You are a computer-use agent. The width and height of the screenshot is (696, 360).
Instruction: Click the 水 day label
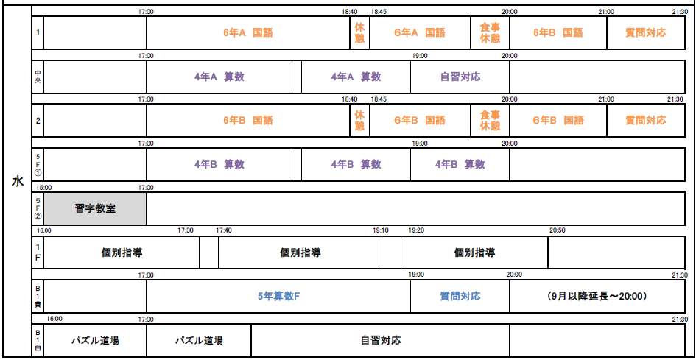(17, 181)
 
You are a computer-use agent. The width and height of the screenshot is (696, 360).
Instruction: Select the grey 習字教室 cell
(95, 209)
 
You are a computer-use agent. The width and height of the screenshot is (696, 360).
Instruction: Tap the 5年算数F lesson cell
(278, 296)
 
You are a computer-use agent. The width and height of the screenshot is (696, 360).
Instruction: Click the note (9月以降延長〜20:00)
(597, 296)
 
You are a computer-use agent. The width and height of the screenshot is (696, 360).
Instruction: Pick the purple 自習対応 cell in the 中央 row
(460, 77)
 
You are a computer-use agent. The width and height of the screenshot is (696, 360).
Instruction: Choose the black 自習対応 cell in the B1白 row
(380, 340)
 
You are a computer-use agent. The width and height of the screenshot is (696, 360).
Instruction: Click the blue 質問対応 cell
(460, 296)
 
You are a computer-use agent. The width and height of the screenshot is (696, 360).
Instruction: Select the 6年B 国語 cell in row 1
(558, 32)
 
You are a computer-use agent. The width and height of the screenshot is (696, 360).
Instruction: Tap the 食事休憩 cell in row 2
(490, 120)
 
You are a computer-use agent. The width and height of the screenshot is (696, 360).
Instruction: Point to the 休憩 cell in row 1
(359, 32)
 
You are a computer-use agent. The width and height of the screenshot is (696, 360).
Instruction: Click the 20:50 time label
(558, 230)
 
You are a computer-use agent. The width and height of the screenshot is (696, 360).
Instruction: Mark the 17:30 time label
(186, 230)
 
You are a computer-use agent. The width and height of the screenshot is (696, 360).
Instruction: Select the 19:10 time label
(381, 230)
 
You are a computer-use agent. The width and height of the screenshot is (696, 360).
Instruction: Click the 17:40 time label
(224, 230)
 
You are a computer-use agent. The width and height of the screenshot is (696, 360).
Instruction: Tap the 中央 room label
(38, 77)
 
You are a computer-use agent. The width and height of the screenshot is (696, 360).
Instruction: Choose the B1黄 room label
(38, 296)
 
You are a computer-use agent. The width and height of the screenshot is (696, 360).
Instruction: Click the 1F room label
(38, 253)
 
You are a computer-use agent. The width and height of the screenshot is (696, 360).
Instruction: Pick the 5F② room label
(38, 209)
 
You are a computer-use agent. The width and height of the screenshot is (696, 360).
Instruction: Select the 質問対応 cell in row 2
(646, 120)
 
